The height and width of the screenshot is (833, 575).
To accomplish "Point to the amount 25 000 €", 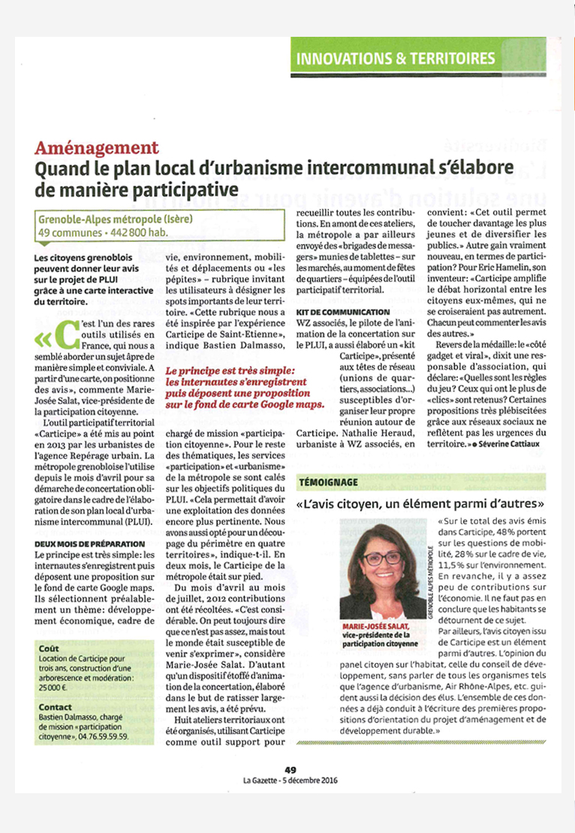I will click(53, 686).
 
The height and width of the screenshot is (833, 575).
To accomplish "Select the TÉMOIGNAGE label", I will click(328, 481).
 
